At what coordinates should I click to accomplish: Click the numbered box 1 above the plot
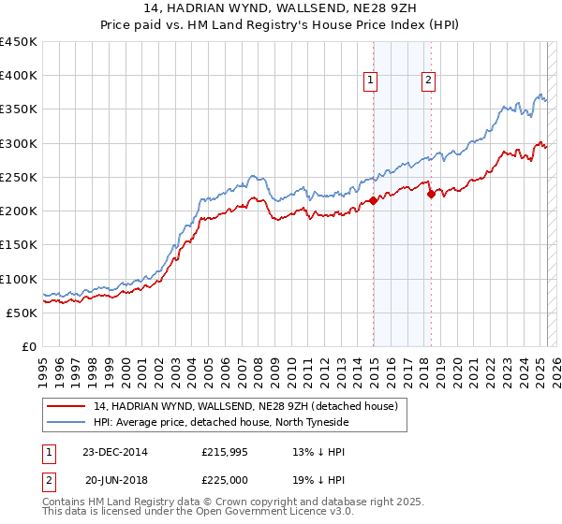click(372, 81)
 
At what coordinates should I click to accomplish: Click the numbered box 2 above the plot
click(429, 81)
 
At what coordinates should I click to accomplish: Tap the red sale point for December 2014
click(373, 200)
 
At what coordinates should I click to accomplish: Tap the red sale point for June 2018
click(431, 195)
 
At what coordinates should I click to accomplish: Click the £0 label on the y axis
click(28, 346)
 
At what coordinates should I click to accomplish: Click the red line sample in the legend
click(67, 406)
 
